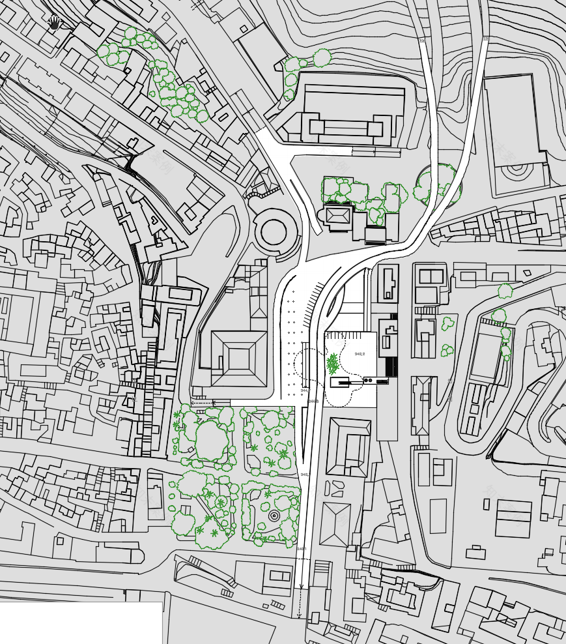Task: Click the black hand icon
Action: click(55, 23)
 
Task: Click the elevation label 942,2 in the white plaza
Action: click(360, 354)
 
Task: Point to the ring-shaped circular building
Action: click(274, 230)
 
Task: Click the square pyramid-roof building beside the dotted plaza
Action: click(238, 359)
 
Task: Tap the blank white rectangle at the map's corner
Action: click(81, 622)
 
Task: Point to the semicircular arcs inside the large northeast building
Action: click(518, 171)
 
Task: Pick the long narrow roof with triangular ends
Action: click(420, 405)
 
